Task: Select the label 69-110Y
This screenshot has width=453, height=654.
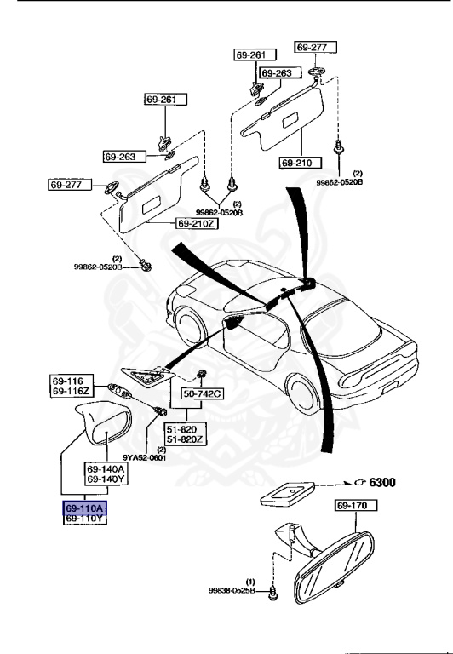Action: [x=84, y=518]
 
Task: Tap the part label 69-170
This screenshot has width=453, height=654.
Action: [x=352, y=506]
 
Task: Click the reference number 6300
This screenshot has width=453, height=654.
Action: [x=380, y=481]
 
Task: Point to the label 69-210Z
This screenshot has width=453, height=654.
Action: [x=197, y=223]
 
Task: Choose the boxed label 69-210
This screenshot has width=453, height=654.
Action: [x=299, y=162]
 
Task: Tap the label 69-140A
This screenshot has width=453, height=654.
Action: [x=105, y=468]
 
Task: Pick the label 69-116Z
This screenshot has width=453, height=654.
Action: [x=71, y=391]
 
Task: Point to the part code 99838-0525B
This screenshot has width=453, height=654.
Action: [x=232, y=589]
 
